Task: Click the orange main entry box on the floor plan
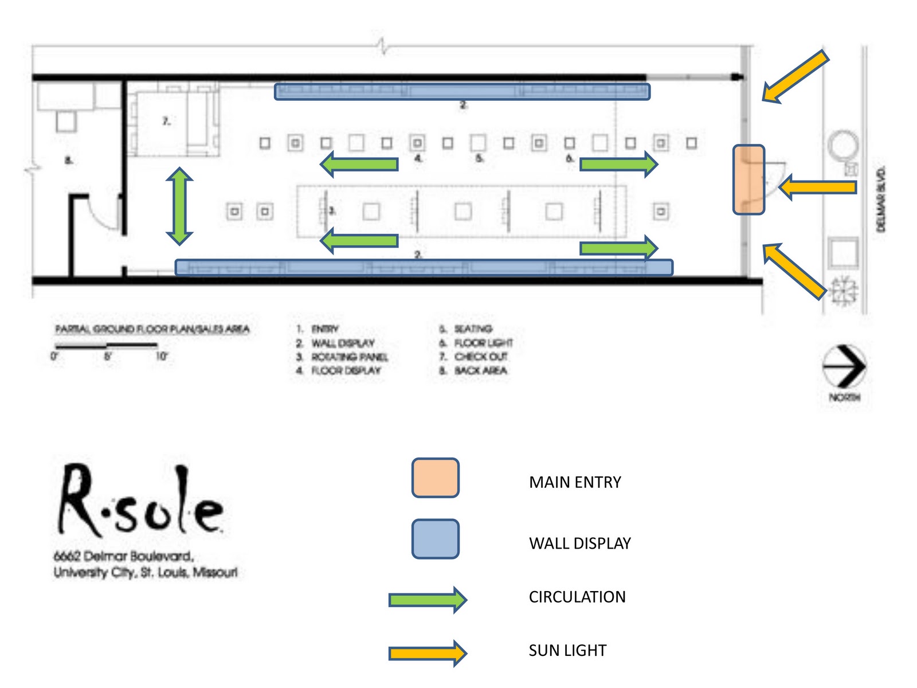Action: tap(749, 179)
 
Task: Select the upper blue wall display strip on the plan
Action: tap(462, 92)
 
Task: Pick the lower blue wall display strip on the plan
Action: tap(424, 267)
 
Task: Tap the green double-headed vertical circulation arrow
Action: tap(179, 206)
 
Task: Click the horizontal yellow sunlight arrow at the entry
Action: tap(818, 187)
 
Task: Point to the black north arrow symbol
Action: tap(844, 366)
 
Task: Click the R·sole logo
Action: tap(140, 502)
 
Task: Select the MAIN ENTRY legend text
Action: tap(575, 482)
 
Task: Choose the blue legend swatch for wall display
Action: tap(435, 539)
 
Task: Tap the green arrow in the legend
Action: tap(428, 600)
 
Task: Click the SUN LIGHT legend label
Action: tap(567, 650)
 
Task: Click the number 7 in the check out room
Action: tap(166, 121)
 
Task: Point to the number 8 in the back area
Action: tap(69, 160)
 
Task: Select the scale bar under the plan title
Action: tap(106, 346)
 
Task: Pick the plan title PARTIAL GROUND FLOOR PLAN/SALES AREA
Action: tap(152, 329)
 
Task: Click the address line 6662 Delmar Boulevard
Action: tap(124, 556)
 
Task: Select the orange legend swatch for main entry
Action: tap(435, 478)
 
